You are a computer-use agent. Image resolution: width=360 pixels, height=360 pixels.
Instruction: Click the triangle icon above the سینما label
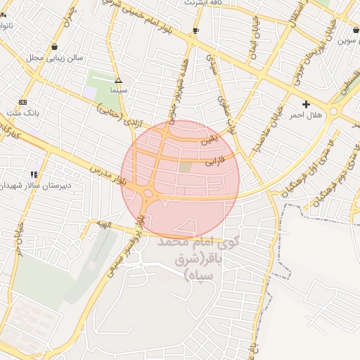tap(118, 80)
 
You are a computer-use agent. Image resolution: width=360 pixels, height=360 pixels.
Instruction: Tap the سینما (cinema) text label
tap(118, 91)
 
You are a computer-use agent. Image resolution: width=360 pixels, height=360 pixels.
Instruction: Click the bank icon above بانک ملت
tap(23, 102)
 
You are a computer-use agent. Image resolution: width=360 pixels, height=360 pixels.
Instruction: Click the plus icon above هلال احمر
tap(306, 104)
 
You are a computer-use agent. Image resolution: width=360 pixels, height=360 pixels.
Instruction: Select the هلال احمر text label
tap(306, 115)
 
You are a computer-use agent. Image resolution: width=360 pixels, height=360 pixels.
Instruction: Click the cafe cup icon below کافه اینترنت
tap(195, 31)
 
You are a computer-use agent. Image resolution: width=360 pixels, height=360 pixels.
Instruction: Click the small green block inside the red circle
tap(185, 167)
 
